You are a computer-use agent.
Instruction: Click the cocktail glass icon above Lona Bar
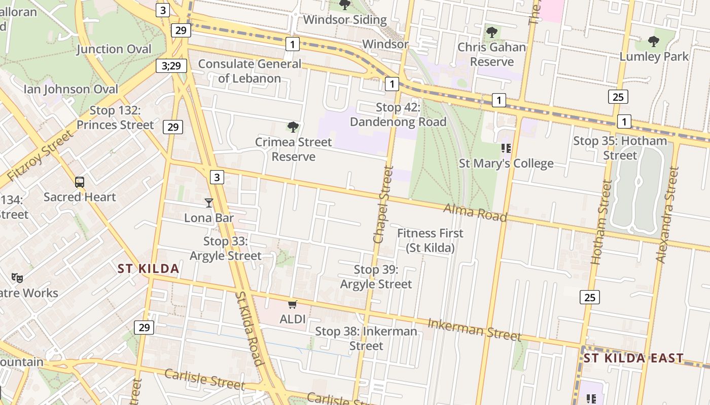(208, 203)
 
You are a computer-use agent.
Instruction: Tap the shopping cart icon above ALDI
(292, 304)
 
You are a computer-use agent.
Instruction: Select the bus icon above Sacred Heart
(80, 182)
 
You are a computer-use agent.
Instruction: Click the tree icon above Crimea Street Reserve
(293, 127)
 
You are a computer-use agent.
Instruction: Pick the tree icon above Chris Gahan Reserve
(491, 32)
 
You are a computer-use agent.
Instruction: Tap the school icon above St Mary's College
(505, 148)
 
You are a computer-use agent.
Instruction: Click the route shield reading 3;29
(171, 65)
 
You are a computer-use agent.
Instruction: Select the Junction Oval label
(114, 49)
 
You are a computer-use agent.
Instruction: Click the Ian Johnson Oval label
(71, 89)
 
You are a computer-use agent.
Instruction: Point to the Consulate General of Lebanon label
(250, 71)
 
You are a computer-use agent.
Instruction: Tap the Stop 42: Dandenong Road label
(398, 115)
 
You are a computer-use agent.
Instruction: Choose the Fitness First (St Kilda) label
(430, 240)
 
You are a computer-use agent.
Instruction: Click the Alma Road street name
(475, 213)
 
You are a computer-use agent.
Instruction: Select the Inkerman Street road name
(474, 330)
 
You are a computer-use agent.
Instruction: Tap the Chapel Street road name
(383, 205)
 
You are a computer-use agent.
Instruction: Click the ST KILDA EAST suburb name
(633, 358)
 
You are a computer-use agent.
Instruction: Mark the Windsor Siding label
(345, 20)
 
